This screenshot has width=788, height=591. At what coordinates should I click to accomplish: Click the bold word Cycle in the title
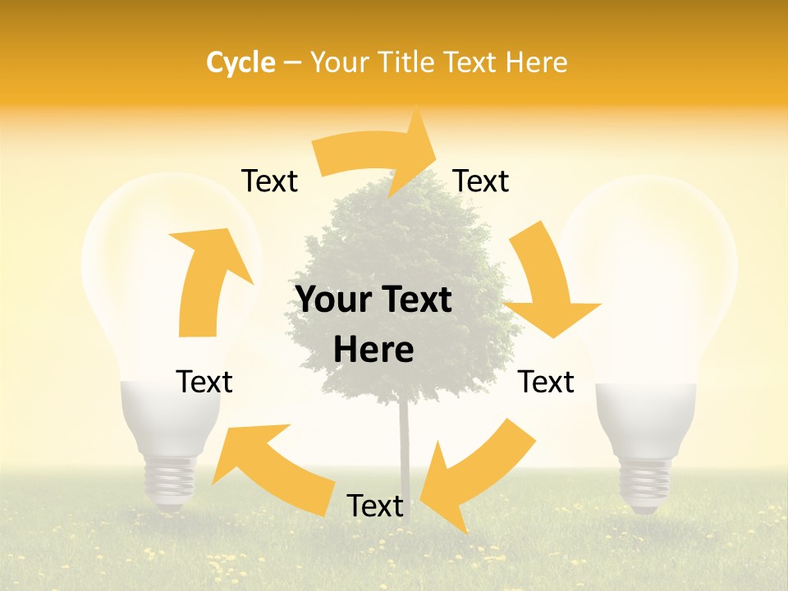pos(241,62)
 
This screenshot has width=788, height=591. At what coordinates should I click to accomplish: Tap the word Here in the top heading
pos(534,62)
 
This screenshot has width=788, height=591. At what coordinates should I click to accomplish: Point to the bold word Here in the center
pos(373,350)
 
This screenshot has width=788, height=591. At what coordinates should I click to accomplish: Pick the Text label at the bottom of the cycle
pos(375,506)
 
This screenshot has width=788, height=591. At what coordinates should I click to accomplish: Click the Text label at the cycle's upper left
pos(269,181)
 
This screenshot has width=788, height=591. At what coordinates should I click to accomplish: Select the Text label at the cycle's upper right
pos(481,181)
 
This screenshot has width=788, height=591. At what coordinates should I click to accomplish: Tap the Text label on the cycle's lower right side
pos(546,382)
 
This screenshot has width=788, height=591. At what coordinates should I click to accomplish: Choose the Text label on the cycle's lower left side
pos(204,382)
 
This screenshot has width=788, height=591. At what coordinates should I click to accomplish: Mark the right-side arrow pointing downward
pos(548,283)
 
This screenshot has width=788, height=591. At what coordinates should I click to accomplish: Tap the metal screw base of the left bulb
pos(171,484)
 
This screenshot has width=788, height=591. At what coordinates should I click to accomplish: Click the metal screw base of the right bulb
pos(644,484)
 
